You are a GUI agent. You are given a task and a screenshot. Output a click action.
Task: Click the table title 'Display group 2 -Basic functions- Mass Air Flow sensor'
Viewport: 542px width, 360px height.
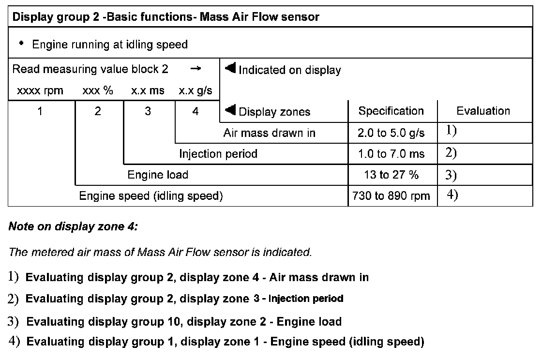tap(166, 17)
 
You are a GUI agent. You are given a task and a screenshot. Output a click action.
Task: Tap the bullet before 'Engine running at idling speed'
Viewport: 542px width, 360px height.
tap(21, 44)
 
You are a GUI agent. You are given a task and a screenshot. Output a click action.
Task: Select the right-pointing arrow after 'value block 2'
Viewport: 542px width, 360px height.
tap(195, 69)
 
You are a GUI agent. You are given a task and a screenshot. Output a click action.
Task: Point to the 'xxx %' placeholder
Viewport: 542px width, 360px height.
tap(98, 91)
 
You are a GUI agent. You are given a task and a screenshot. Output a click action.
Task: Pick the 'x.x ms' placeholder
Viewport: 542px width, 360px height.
tap(148, 91)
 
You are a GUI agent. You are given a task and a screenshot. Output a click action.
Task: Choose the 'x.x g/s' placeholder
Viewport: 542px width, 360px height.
tap(196, 91)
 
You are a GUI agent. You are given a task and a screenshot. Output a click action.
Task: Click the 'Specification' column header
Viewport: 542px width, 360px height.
tap(391, 111)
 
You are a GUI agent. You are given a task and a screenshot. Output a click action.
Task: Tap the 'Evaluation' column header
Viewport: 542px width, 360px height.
tap(483, 111)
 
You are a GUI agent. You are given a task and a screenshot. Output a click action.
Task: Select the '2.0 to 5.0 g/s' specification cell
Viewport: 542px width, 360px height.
tap(391, 134)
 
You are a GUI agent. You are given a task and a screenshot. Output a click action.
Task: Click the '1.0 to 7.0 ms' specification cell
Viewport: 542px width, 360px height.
tap(391, 154)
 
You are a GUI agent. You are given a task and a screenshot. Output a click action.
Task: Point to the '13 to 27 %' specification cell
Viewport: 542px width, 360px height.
tap(391, 175)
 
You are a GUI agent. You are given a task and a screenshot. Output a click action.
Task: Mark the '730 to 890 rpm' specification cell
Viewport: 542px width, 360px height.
tap(391, 196)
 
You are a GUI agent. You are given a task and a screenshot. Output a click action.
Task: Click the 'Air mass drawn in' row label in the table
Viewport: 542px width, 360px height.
tap(269, 134)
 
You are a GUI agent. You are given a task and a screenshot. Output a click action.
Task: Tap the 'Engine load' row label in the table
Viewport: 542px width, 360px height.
tap(158, 175)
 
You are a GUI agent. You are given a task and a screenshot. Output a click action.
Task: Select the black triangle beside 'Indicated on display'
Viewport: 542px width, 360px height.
tap(230, 69)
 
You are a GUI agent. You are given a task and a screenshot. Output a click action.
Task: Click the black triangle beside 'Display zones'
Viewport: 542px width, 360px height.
tap(230, 111)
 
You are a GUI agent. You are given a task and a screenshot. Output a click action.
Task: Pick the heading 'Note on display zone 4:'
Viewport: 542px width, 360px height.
tap(74, 226)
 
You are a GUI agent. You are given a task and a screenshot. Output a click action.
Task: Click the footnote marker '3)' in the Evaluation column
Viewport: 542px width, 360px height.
tap(451, 175)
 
